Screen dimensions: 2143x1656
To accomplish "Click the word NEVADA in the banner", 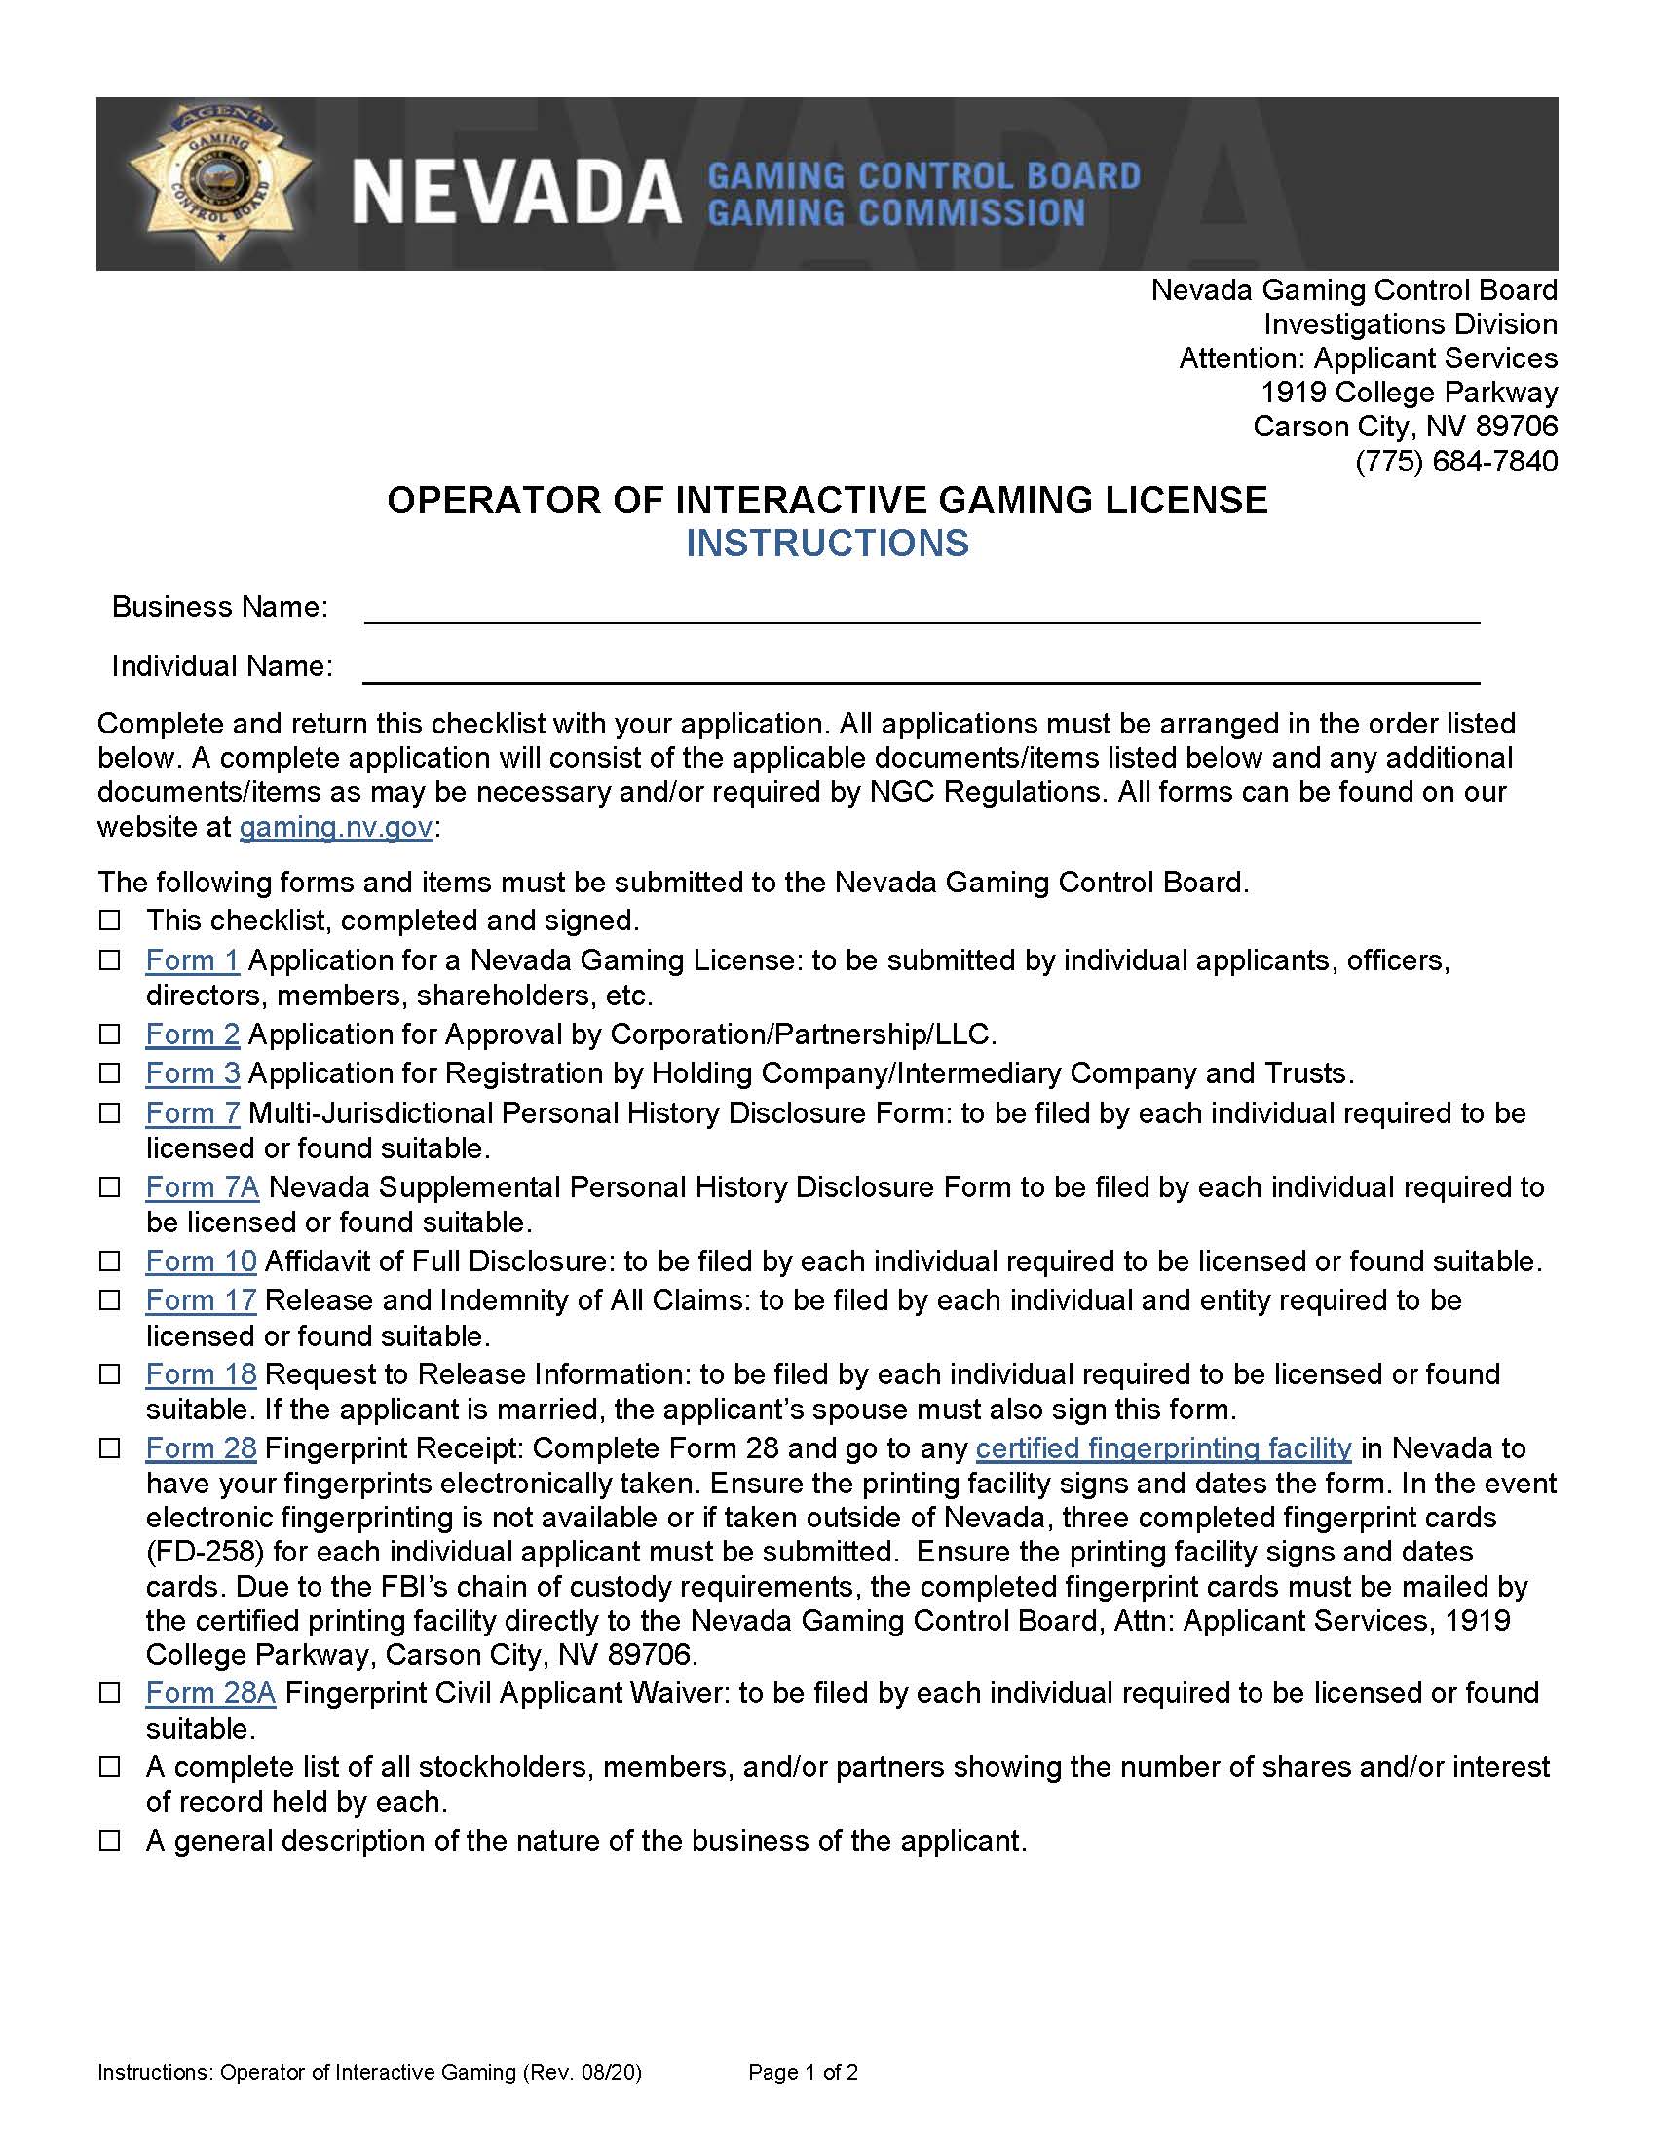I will (516, 192).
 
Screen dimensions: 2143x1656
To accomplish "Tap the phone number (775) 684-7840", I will (1456, 460).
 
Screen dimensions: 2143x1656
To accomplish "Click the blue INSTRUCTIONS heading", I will (827, 543).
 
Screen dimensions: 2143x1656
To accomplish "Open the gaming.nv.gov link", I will (335, 826).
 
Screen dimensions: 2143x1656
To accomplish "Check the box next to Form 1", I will (110, 959).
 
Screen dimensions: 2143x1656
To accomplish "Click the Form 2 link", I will (192, 1034).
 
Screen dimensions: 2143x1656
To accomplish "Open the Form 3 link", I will (192, 1072).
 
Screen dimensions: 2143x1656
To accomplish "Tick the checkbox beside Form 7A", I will (110, 1187).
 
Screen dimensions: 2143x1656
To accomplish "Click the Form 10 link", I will (201, 1259).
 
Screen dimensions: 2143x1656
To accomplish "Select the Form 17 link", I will (201, 1299).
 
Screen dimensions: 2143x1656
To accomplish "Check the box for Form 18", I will (110, 1373).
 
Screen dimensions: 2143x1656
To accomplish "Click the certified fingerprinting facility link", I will (1163, 1447).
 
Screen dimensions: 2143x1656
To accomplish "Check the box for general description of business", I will (110, 1841).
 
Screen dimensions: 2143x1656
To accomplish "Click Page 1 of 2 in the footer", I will (803, 2071).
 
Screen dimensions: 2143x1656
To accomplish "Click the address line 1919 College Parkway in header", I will (1409, 393).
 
